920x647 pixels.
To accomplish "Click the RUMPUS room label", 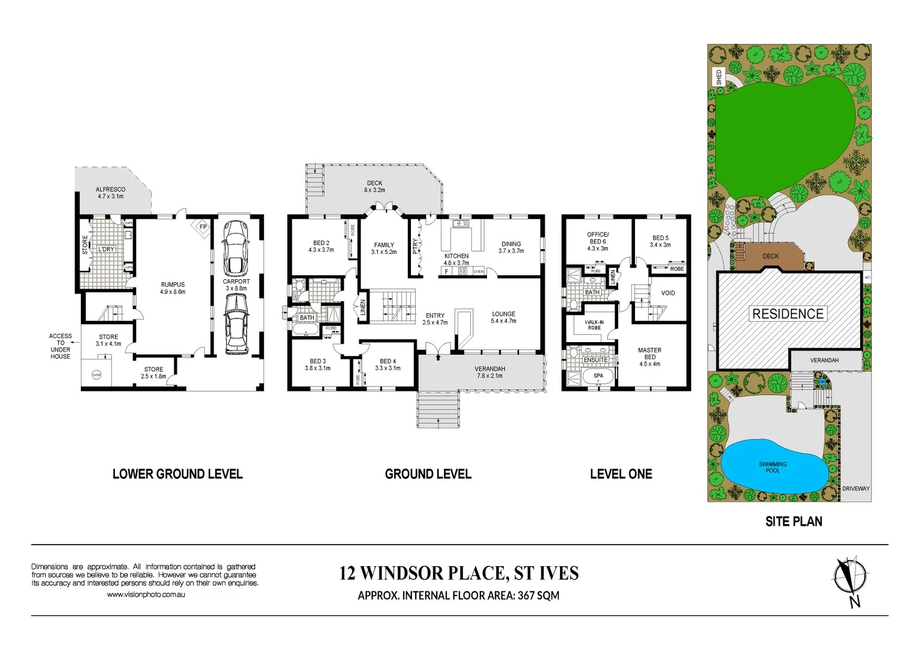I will (x=172, y=288).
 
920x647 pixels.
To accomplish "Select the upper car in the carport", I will (x=235, y=247).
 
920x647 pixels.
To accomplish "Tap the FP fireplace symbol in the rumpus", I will (x=203, y=228).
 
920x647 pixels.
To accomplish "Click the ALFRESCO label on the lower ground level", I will (x=111, y=192).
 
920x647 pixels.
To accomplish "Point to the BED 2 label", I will (x=321, y=246).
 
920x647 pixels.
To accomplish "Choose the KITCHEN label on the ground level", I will (x=456, y=259).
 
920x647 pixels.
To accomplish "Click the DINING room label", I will (x=511, y=247).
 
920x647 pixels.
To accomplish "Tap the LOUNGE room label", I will (x=503, y=317).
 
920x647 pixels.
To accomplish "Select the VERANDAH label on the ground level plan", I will (x=489, y=372).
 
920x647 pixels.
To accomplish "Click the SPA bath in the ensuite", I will (x=598, y=377).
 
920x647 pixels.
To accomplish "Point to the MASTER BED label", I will (x=649, y=356).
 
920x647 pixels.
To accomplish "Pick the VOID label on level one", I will (x=668, y=293).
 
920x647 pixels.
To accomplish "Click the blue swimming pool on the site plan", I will (x=773, y=467).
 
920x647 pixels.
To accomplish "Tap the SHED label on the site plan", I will (x=719, y=77).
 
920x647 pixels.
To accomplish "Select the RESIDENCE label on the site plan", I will (x=788, y=313).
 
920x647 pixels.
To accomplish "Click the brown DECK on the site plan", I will (x=770, y=256).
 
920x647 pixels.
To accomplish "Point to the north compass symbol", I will (x=849, y=578).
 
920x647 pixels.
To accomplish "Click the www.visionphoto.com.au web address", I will (x=146, y=594).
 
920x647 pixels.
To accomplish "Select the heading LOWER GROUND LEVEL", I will (x=177, y=474).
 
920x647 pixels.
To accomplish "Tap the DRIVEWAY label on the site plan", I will (x=855, y=488).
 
